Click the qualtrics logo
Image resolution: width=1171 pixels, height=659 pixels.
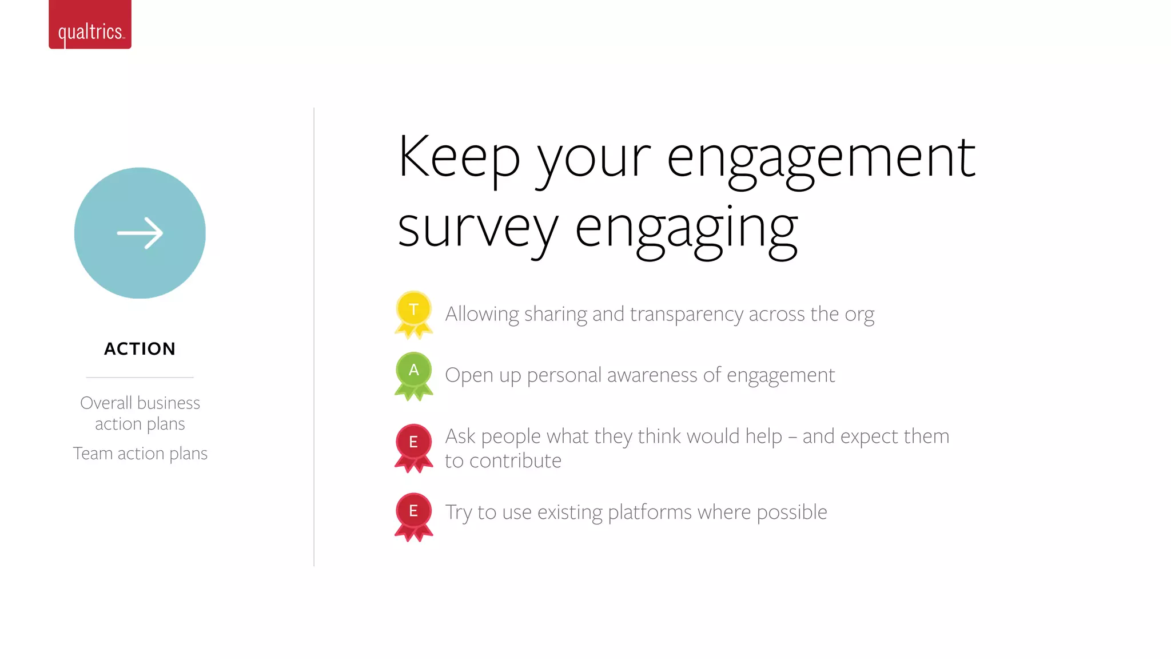coord(90,26)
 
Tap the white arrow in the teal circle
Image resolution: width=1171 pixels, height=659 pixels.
coord(140,233)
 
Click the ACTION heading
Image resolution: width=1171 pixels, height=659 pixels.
coord(140,349)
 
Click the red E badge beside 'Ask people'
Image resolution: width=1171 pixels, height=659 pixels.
coord(413,446)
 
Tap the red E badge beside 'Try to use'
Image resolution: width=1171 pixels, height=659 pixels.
coord(413,514)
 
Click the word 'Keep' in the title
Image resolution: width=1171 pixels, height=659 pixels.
coord(459,157)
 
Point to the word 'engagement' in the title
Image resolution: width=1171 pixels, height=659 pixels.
coord(821,160)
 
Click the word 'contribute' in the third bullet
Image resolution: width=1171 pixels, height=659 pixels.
coord(515,461)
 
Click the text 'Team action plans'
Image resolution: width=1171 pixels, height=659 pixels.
coord(140,454)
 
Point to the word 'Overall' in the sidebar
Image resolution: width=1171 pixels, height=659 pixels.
coord(106,403)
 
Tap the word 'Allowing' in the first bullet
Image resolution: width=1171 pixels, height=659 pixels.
coord(481,314)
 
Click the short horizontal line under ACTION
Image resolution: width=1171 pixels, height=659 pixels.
coord(140,378)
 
